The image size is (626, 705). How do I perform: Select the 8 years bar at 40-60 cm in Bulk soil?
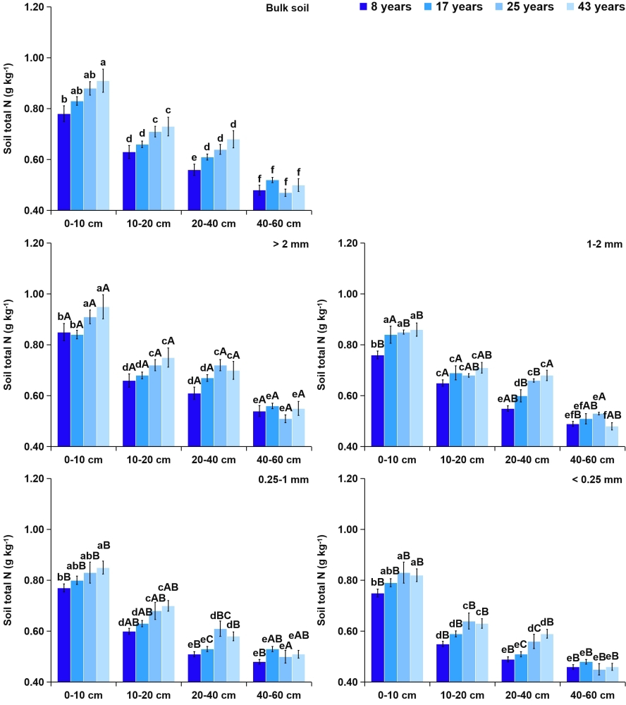click(x=259, y=200)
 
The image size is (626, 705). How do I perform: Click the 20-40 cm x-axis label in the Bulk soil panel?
click(x=214, y=223)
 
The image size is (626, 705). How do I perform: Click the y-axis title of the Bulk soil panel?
click(x=8, y=109)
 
